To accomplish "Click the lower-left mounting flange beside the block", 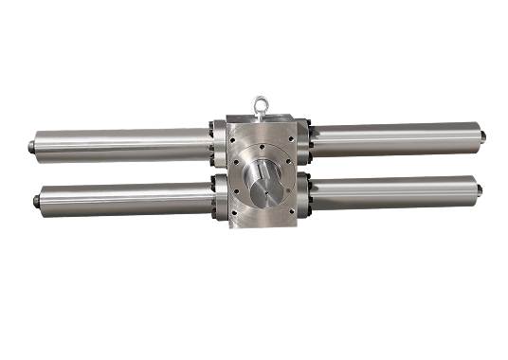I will [217, 195].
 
